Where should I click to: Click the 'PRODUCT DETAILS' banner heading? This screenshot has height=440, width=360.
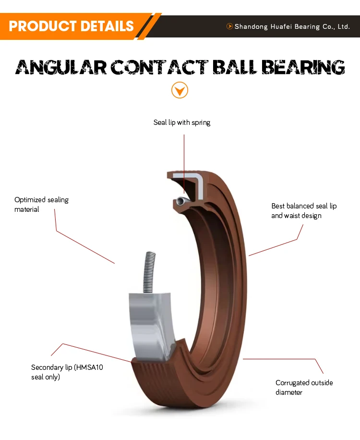(71, 25)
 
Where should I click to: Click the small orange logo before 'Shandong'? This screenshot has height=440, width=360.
(229, 26)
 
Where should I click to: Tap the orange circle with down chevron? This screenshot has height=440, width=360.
(180, 90)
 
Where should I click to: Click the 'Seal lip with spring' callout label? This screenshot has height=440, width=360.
(182, 122)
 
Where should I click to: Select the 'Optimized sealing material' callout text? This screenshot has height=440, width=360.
(41, 204)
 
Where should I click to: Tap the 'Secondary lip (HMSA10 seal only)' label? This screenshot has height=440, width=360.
(67, 372)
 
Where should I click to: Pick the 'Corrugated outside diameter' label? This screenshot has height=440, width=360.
(304, 387)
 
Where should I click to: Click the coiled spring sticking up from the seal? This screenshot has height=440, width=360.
(149, 271)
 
